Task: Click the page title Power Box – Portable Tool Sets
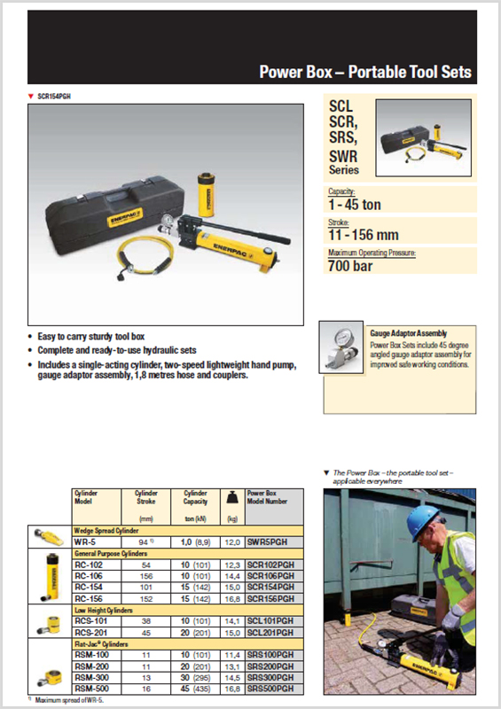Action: (x=364, y=73)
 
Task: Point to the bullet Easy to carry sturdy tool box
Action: (x=92, y=337)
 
